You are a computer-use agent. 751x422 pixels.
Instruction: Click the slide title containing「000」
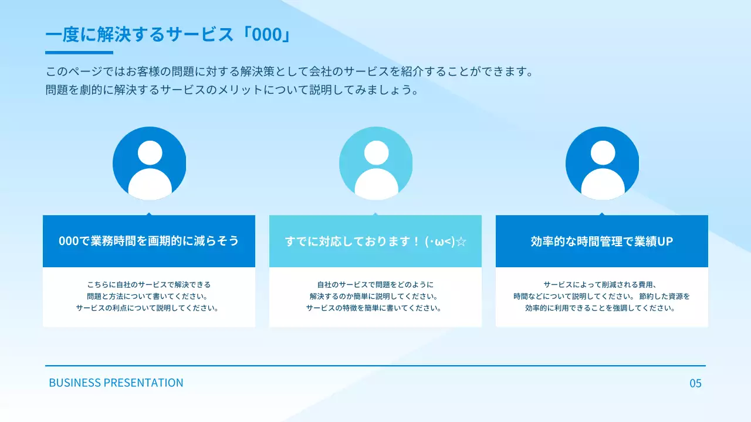pos(168,35)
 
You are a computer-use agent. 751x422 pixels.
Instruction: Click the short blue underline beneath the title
pos(79,53)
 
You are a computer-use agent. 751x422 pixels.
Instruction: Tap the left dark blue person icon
pos(149,164)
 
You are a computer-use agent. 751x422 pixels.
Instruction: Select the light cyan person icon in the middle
pos(375,164)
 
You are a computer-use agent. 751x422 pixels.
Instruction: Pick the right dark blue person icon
pos(602,164)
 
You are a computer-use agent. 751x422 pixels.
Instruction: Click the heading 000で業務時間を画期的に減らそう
pos(149,241)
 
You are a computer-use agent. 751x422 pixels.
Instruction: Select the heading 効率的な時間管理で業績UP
pos(602,241)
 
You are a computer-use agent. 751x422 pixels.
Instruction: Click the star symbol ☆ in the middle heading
pos(461,241)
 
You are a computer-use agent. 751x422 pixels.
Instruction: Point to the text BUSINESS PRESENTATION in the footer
pos(116,383)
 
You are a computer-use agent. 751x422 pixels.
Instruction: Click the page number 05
pos(695,383)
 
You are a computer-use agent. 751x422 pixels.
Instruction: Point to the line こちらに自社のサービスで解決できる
pos(149,284)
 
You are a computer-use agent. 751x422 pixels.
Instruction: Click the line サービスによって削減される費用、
pos(602,284)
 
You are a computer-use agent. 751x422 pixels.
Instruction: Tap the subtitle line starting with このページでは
pos(290,72)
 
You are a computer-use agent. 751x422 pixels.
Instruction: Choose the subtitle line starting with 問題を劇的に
pos(233,90)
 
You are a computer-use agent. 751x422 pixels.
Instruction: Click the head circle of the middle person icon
pos(376,153)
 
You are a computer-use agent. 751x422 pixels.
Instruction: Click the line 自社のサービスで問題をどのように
pos(375,284)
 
